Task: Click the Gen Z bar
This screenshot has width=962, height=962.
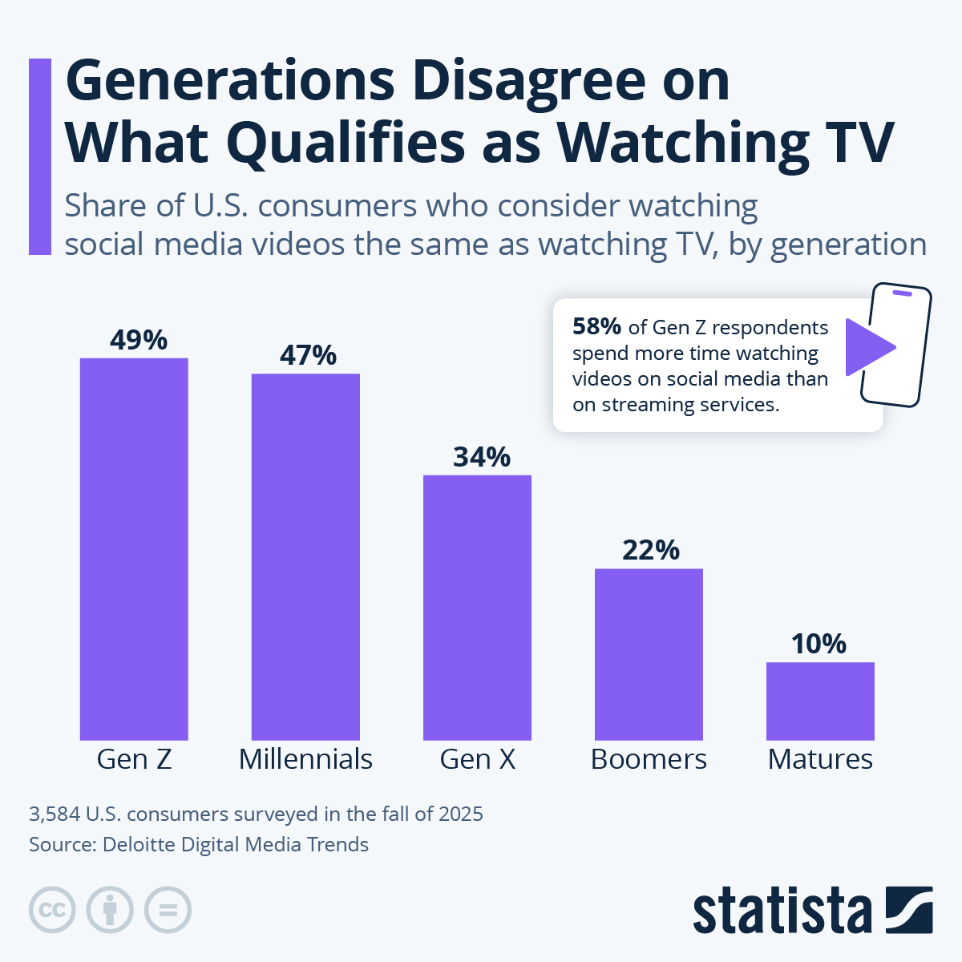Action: pyautogui.click(x=134, y=548)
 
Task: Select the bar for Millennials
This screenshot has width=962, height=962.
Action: pyautogui.click(x=305, y=556)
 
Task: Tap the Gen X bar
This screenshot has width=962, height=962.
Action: pyautogui.click(x=477, y=607)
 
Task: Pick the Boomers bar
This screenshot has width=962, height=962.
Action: pyautogui.click(x=649, y=654)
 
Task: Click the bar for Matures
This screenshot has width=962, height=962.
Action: pyautogui.click(x=820, y=701)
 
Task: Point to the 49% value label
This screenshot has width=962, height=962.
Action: pyautogui.click(x=139, y=340)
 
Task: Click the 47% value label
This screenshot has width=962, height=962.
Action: pyautogui.click(x=308, y=355)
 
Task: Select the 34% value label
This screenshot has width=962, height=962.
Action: pyautogui.click(x=481, y=457)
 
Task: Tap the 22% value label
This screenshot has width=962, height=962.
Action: pyautogui.click(x=650, y=550)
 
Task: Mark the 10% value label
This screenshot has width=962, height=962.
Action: pyautogui.click(x=819, y=644)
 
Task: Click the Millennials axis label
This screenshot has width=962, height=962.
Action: pyautogui.click(x=305, y=759)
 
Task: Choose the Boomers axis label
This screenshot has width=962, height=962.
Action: pyautogui.click(x=649, y=759)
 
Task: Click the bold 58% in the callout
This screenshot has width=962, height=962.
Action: pyautogui.click(x=596, y=327)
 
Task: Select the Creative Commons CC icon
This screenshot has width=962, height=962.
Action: pyautogui.click(x=52, y=910)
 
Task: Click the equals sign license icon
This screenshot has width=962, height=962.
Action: pyautogui.click(x=168, y=910)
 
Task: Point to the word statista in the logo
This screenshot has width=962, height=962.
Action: pyautogui.click(x=782, y=911)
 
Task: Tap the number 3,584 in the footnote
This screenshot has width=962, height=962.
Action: pyautogui.click(x=55, y=814)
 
